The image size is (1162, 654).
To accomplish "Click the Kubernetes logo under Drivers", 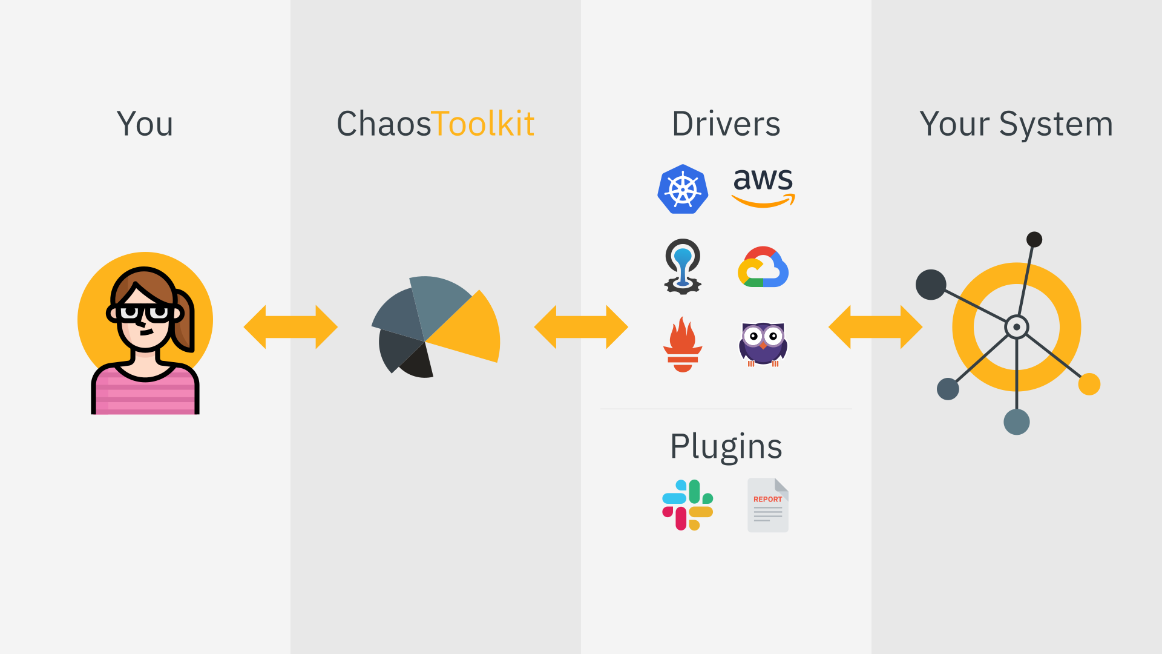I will [683, 189].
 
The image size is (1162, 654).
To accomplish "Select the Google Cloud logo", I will [763, 267].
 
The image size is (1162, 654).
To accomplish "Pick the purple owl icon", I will [763, 344].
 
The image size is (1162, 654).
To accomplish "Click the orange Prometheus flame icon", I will [683, 345].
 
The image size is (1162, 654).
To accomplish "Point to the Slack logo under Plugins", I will [688, 505].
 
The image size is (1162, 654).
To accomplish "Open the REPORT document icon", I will [767, 505].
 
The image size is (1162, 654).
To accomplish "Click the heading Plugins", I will [726, 447].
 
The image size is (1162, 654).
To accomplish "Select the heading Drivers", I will [726, 124].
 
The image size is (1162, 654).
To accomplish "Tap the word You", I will [145, 124].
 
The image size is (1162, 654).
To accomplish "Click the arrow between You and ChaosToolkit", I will [290, 327].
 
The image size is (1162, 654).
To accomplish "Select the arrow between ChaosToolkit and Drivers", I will [581, 327].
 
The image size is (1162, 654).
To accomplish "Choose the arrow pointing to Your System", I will [875, 327].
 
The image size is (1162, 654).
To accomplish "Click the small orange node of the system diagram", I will [1089, 384].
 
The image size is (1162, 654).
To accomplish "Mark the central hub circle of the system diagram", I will [1017, 327].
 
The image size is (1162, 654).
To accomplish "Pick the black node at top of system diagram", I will [1034, 239].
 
